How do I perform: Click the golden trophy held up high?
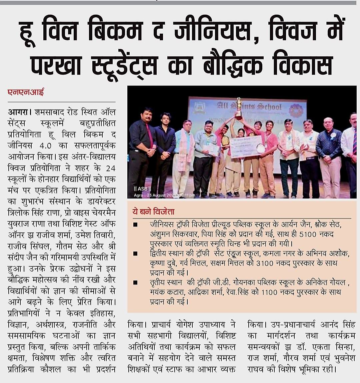coord(239,107)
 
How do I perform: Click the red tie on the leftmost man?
coord(150,135)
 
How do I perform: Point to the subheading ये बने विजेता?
coord(154,211)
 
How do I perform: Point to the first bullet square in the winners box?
coord(135,225)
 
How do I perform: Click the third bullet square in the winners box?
coord(135,283)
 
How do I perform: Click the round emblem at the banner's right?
coord(296,110)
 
